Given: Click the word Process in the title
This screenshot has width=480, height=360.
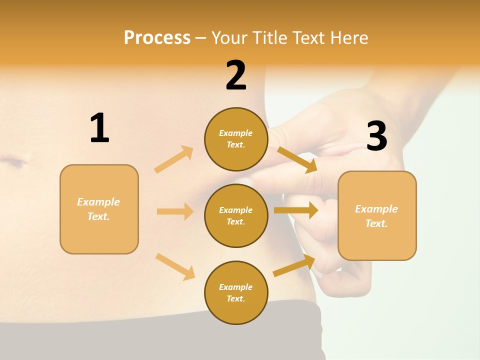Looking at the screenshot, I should (157, 38).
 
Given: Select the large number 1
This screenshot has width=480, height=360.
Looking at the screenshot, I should (99, 128).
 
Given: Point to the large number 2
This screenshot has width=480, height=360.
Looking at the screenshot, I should (236, 75).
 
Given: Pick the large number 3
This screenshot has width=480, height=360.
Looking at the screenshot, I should (376, 136).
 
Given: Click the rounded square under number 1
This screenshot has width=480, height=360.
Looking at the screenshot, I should (99, 209).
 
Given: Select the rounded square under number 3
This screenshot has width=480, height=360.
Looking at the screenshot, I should (377, 215).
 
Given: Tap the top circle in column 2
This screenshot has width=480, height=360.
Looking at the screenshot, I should (236, 139).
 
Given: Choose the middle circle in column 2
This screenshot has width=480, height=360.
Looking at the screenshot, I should (236, 215).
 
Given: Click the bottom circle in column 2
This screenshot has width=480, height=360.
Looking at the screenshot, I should (236, 292).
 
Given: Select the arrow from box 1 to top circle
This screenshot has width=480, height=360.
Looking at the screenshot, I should (174, 159).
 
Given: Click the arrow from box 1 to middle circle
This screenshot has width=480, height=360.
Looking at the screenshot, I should (175, 211).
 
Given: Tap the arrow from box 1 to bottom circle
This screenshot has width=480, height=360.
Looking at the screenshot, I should (175, 267).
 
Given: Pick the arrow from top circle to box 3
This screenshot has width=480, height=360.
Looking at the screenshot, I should (297, 159).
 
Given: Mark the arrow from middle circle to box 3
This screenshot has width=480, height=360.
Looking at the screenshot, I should (296, 210).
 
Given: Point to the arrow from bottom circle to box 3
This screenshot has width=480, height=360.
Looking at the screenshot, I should (294, 265).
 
